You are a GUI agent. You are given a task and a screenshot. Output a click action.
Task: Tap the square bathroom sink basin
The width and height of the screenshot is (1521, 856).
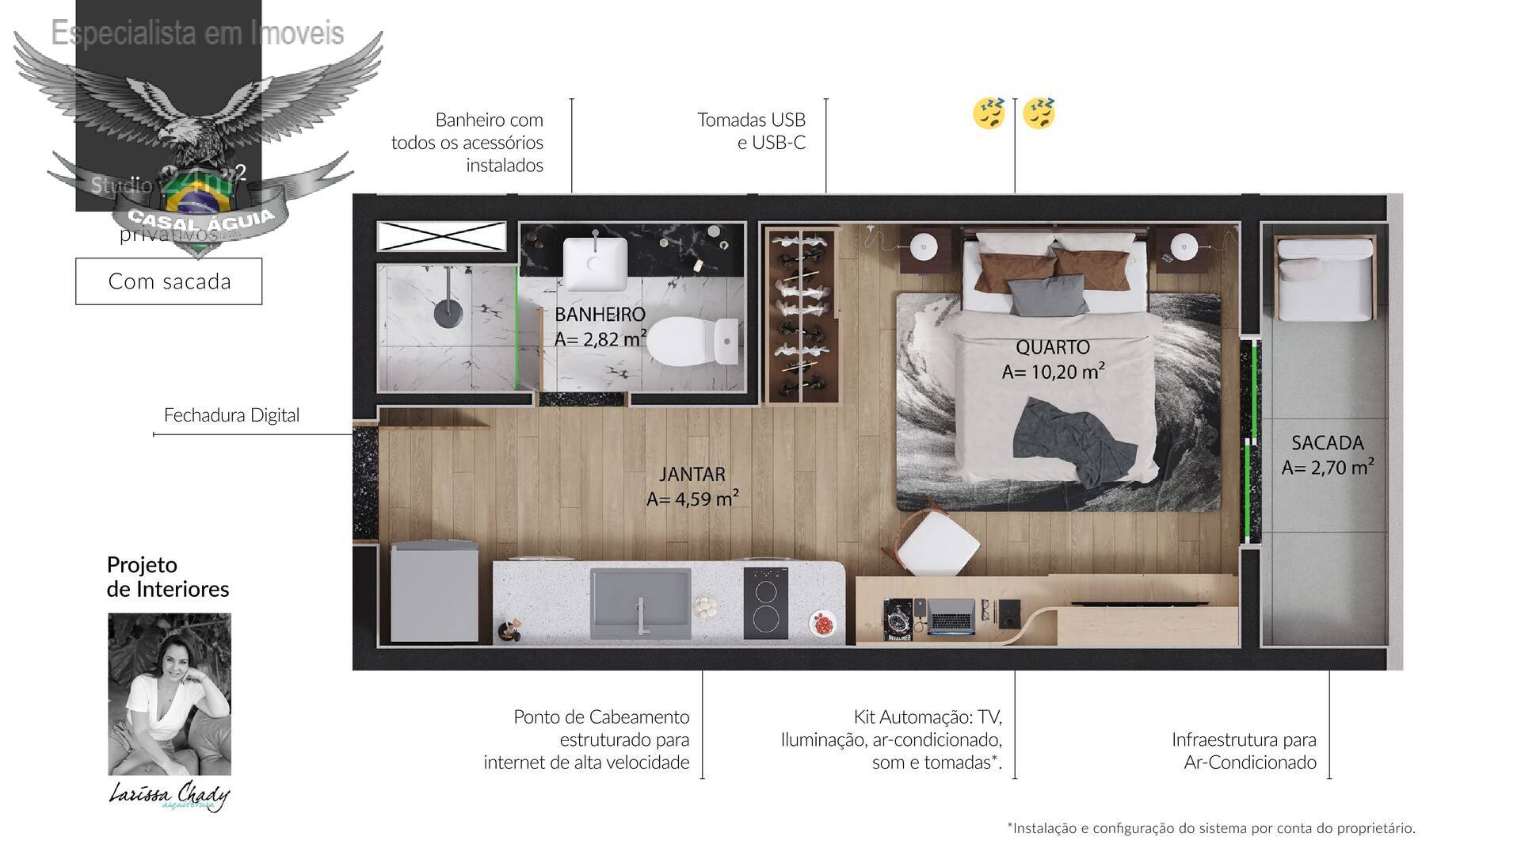pos(594,264)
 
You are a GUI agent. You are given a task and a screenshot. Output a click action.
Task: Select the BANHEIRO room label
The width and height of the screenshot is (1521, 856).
pos(600,314)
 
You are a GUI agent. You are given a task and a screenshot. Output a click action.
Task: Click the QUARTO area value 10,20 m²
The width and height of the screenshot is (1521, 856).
pos(1053,372)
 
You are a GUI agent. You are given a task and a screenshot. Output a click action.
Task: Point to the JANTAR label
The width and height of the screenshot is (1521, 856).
pos(692,474)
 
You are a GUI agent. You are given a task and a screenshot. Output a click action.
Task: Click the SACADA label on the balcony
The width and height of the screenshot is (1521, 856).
pos(1327,443)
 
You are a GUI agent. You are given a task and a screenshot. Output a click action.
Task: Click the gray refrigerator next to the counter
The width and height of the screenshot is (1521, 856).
pos(433,591)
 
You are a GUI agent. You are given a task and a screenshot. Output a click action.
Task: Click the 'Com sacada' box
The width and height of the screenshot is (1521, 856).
pos(169,281)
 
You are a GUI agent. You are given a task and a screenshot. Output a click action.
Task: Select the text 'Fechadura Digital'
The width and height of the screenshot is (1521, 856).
pos(231,415)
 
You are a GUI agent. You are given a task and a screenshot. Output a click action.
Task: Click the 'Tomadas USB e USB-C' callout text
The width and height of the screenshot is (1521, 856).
pos(751,131)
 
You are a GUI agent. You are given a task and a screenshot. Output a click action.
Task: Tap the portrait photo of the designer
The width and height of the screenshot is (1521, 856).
pos(170,694)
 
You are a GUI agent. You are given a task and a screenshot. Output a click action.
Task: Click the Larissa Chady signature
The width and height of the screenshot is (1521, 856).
pos(169,795)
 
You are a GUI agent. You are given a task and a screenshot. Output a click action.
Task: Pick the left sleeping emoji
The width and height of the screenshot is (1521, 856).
pos(989,113)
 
